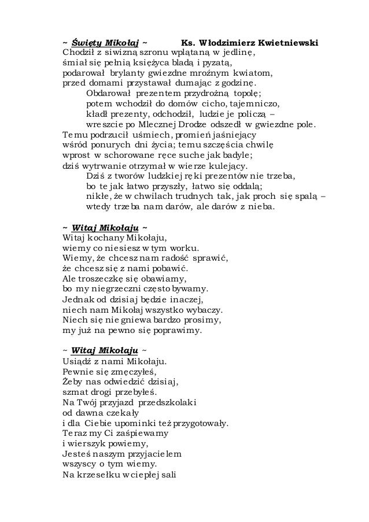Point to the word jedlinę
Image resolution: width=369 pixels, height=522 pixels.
coord(239,54)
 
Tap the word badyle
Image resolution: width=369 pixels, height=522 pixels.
coord(239,155)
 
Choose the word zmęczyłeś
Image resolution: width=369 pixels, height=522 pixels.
coord(131,372)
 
